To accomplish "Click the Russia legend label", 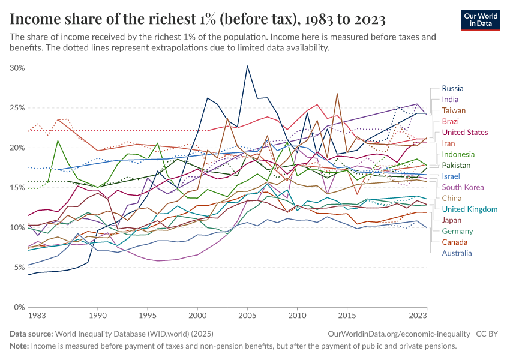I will [452, 88].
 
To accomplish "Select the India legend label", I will [450, 99].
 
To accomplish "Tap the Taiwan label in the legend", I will [453, 110].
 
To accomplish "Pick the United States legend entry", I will [465, 132].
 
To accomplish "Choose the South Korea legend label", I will [462, 187].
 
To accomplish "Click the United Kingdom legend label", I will [469, 209].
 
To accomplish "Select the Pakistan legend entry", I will [456, 165].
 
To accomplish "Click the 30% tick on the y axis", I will [17, 68].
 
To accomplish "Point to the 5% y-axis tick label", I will [19, 267].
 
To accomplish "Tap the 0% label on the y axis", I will [19, 307].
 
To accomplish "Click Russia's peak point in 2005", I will [247, 66].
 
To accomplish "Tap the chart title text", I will [197, 19].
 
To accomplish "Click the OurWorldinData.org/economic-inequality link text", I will [398, 333].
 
